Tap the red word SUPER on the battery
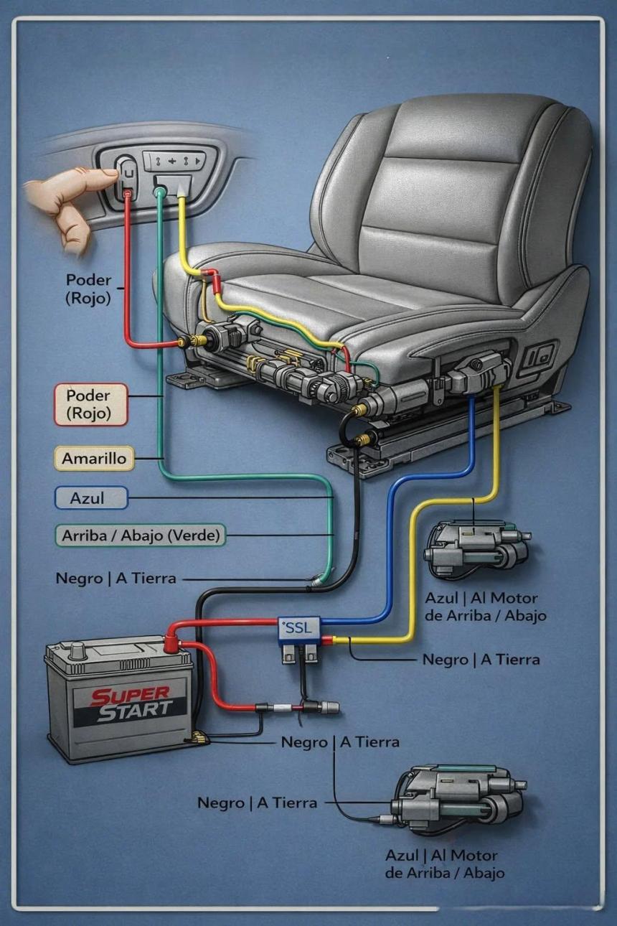[131, 696]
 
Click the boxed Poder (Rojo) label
[91, 404]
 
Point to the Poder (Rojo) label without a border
[88, 288]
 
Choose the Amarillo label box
[94, 458]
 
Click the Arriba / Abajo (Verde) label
[140, 535]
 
